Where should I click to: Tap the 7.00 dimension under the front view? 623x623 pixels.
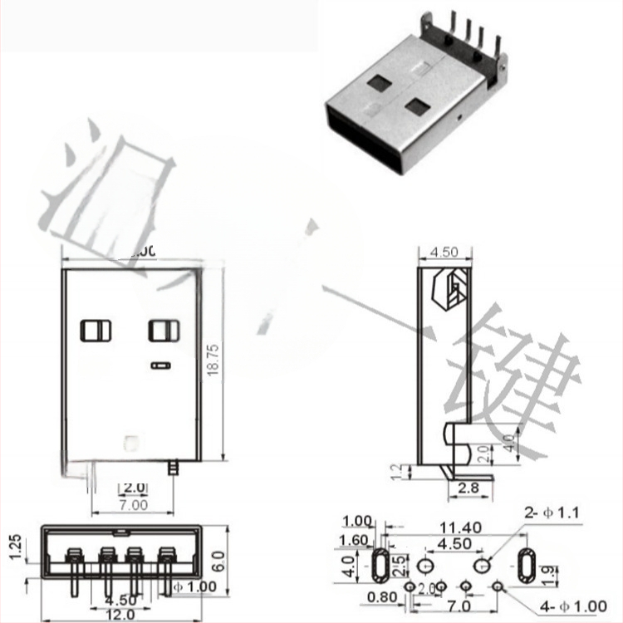pyautogui.click(x=133, y=503)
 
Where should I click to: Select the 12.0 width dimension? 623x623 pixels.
pyautogui.click(x=122, y=614)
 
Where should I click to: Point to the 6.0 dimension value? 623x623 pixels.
pyautogui.click(x=218, y=560)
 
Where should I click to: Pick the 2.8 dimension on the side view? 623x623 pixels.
pyautogui.click(x=468, y=488)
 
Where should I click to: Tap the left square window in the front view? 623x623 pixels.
pyautogui.click(x=95, y=331)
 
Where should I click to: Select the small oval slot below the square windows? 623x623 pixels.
pyautogui.click(x=159, y=364)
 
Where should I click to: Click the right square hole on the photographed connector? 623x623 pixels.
pyautogui.click(x=416, y=106)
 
